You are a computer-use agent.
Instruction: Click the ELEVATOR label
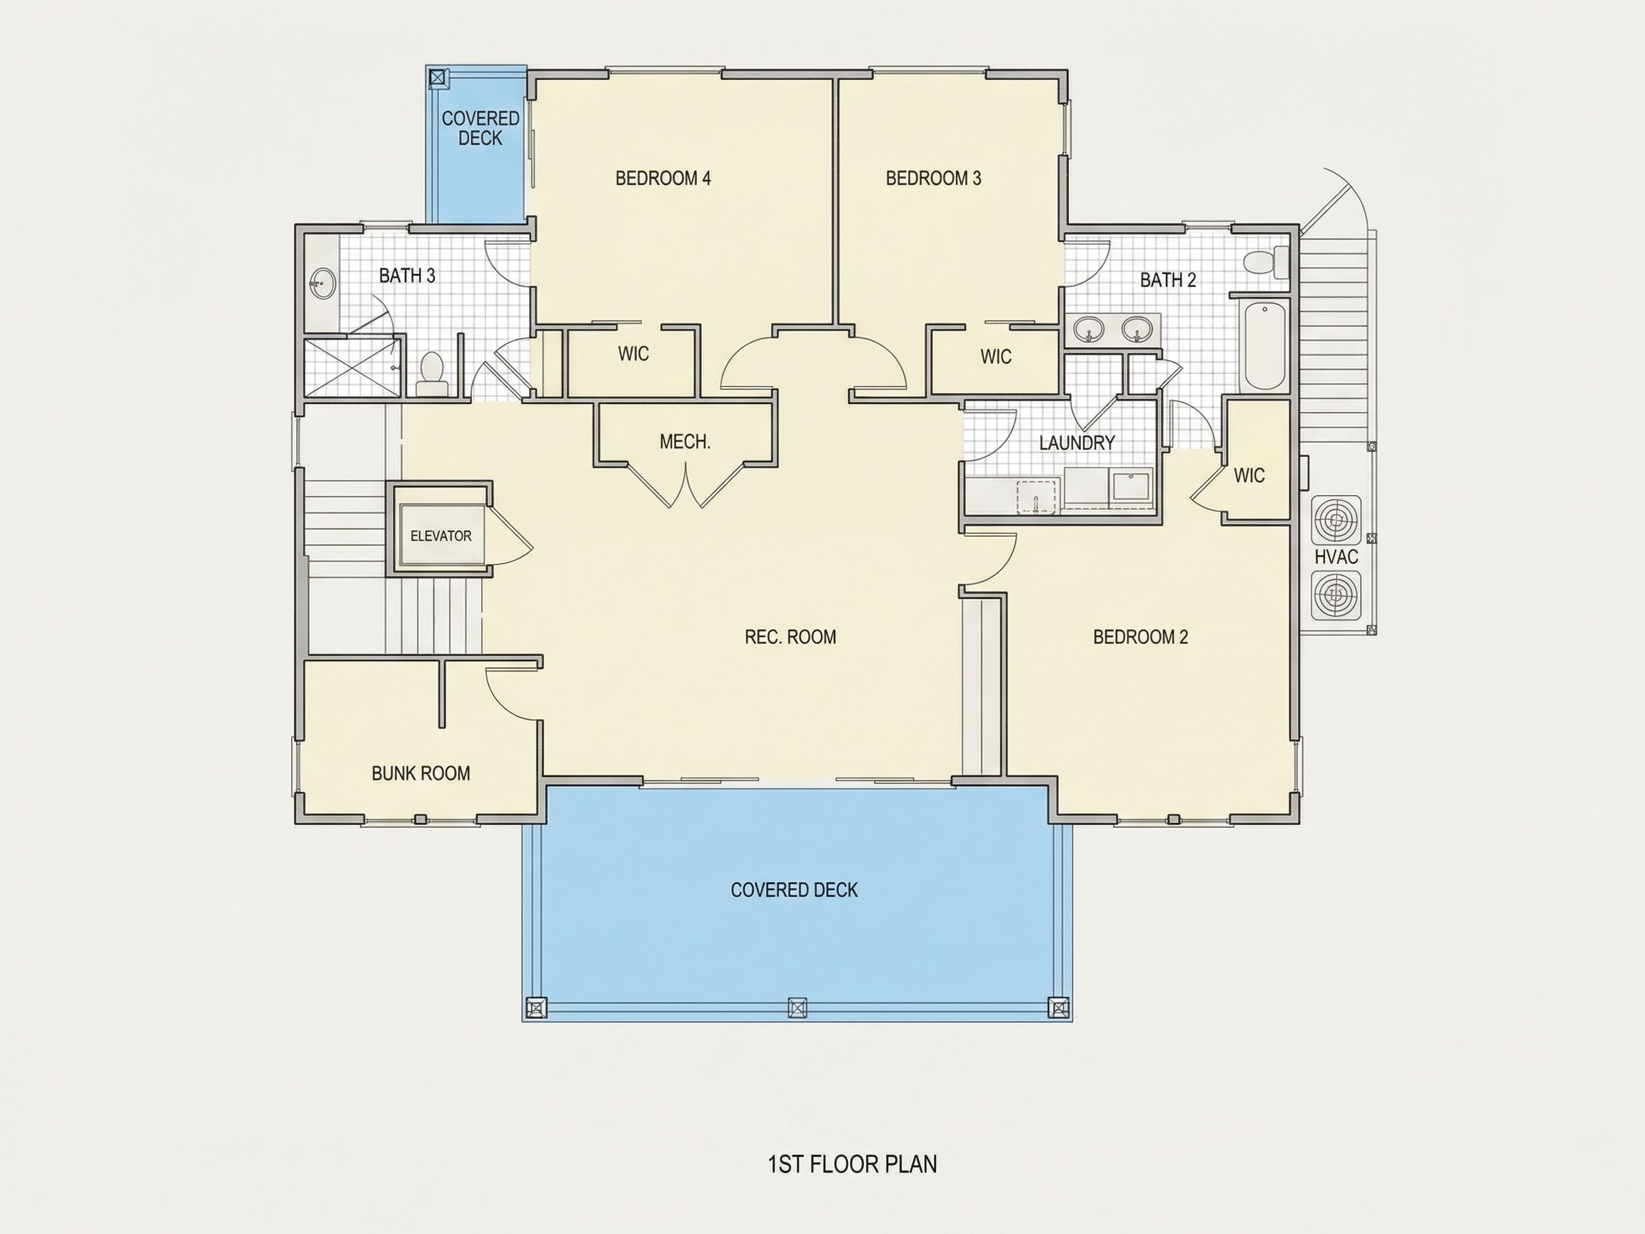[x=441, y=536]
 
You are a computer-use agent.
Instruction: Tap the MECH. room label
[x=685, y=442]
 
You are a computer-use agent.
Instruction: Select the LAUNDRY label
[x=1077, y=443]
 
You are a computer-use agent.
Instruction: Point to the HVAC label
[x=1337, y=556]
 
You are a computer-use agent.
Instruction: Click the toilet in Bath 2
[x=1267, y=262]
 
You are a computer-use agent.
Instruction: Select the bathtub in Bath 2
[x=1266, y=345]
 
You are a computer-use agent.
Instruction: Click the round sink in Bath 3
[x=323, y=284]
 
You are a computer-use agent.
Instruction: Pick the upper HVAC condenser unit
[x=1337, y=520]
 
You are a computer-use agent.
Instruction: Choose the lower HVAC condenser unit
[x=1337, y=595]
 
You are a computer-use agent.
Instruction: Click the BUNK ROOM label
[x=421, y=773]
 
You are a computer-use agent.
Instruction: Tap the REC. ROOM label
[x=790, y=637]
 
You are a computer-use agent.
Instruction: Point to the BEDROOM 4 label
[x=663, y=179]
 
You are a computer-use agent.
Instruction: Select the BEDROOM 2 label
[x=1141, y=637]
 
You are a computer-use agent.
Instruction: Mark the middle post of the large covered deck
[x=798, y=1008]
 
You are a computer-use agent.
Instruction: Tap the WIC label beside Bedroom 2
[x=1249, y=476]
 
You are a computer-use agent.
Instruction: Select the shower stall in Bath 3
[x=352, y=368]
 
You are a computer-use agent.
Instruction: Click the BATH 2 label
[x=1168, y=281]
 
